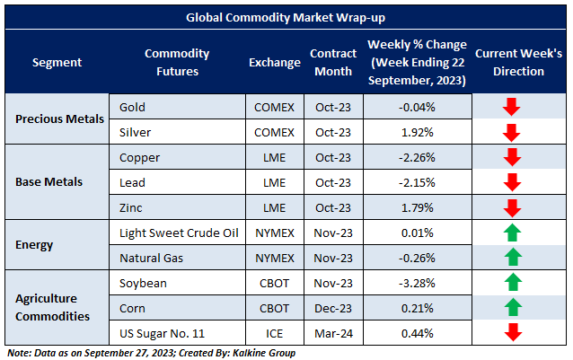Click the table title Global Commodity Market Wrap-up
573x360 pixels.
coord(286,17)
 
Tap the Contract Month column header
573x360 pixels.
coord(333,62)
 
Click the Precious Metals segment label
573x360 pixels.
coord(56,119)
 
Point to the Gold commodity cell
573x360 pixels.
coord(132,108)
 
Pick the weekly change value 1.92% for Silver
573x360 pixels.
coord(416,133)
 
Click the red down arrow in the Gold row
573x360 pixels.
coord(512,108)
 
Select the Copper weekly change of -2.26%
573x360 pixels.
coord(416,158)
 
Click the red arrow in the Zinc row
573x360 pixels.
coord(512,208)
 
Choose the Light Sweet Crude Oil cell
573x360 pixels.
coord(179,233)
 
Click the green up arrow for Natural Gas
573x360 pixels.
coord(512,259)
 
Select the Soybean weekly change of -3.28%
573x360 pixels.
coord(416,284)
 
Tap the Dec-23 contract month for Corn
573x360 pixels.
coord(333,309)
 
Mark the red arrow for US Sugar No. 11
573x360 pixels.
coord(512,334)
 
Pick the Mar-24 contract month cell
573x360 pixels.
coord(333,334)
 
